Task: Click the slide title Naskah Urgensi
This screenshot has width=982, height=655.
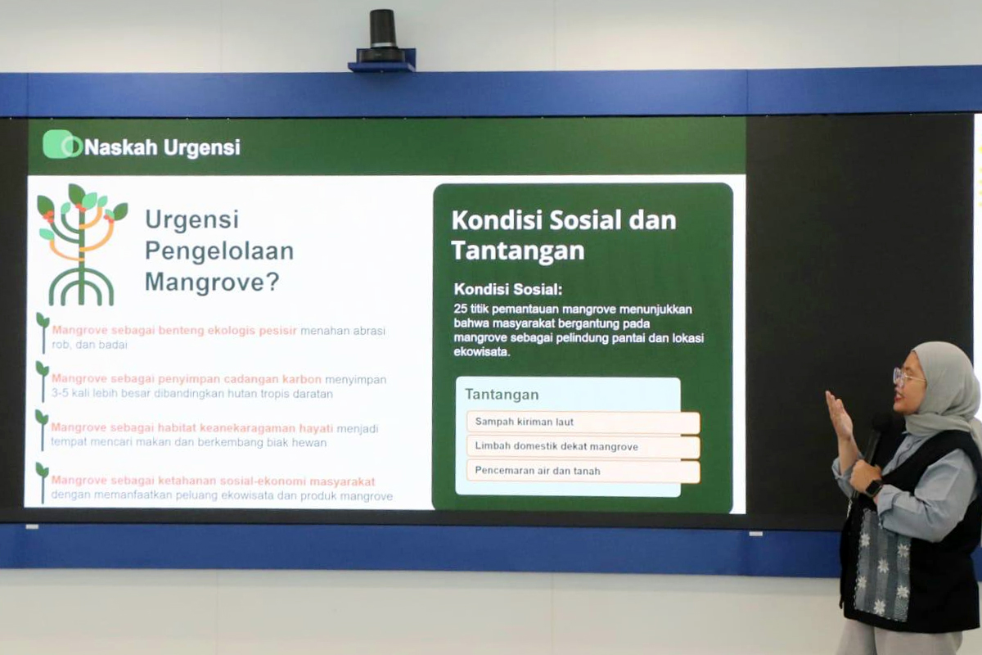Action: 162,147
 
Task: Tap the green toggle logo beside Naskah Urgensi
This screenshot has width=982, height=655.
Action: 62,145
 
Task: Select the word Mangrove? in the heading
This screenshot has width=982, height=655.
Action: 212,282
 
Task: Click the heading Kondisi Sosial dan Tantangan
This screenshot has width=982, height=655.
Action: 563,235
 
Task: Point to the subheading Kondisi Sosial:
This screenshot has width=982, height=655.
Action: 508,290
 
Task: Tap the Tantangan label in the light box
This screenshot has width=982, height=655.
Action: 502,395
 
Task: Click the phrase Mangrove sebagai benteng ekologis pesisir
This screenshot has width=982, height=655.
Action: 174,331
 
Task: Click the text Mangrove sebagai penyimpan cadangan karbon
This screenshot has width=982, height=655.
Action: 187,379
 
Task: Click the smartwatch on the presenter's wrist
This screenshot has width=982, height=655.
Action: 874,488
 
